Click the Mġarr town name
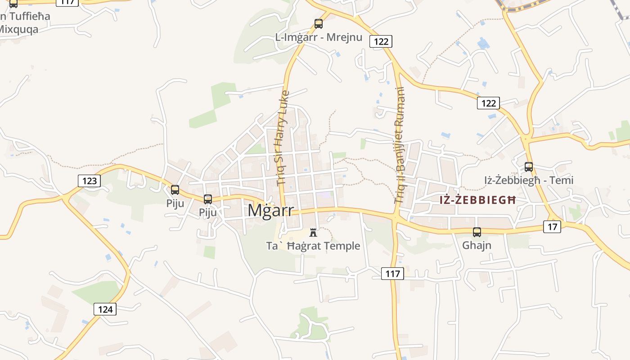[x=270, y=210]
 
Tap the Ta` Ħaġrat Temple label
[x=313, y=246]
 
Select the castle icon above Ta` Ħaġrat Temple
[x=313, y=233]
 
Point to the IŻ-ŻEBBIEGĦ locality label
[x=477, y=200]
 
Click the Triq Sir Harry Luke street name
[x=282, y=138]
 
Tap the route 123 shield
[x=90, y=181]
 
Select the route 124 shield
[x=105, y=309]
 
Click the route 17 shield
[x=552, y=226]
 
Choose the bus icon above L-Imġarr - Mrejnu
[x=319, y=24]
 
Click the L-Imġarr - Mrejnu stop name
[x=319, y=37]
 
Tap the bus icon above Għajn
[x=477, y=232]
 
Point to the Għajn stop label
[x=477, y=245]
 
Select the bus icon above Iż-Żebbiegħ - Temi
[x=529, y=167]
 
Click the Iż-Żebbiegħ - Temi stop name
[x=529, y=180]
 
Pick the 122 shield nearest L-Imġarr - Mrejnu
[x=381, y=41]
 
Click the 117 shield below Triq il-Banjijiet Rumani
[x=392, y=273]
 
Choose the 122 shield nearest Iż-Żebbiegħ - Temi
[x=488, y=103]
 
